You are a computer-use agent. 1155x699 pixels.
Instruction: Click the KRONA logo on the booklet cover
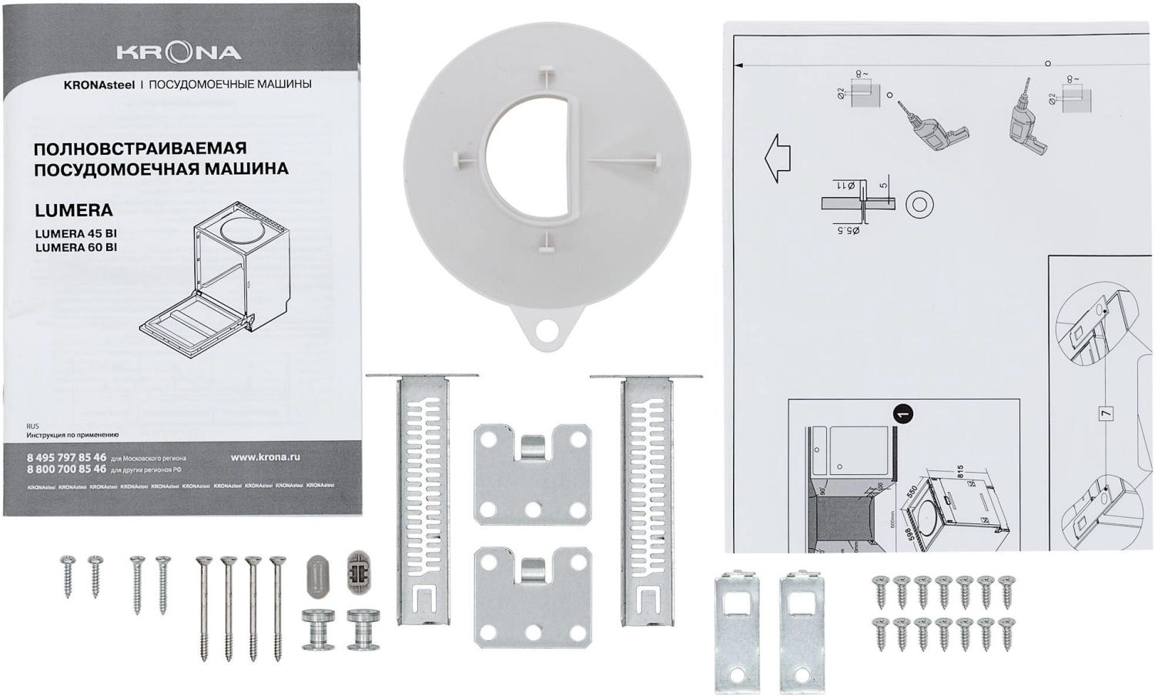tap(179, 52)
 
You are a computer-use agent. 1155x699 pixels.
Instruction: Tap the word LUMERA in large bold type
tap(74, 210)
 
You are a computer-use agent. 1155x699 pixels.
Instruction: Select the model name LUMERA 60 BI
tap(76, 247)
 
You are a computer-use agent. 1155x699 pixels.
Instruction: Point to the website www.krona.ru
tap(266, 457)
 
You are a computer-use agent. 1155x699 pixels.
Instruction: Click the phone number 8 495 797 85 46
tap(67, 457)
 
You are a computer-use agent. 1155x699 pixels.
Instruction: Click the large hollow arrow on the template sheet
tap(778, 159)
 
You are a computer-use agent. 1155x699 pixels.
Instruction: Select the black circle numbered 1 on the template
tap(905, 413)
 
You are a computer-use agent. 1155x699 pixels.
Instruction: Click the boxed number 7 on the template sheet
tap(1106, 413)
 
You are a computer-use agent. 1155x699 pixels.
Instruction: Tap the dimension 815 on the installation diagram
tap(959, 472)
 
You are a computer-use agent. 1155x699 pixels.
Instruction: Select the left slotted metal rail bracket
tap(422, 497)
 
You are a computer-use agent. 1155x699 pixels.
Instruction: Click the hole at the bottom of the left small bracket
tap(738, 675)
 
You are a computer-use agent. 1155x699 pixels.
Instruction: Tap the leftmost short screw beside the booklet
tap(68, 575)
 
